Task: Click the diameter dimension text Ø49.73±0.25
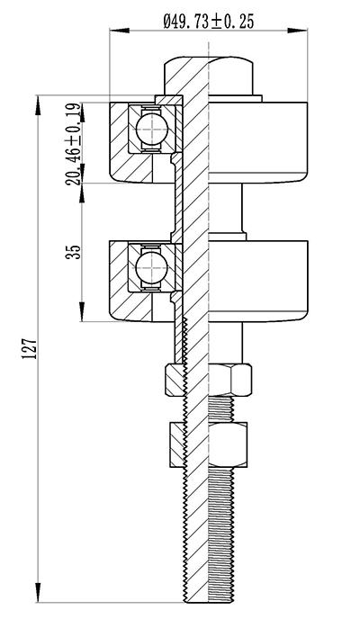click(x=209, y=22)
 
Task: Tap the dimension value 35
click(x=74, y=252)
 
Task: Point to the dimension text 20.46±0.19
click(x=74, y=144)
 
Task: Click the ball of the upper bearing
click(x=151, y=128)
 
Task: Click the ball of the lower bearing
click(x=151, y=267)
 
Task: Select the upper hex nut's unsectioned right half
click(x=229, y=380)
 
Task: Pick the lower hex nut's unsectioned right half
click(x=228, y=444)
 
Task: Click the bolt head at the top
click(x=209, y=76)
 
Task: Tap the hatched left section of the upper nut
click(x=175, y=380)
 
